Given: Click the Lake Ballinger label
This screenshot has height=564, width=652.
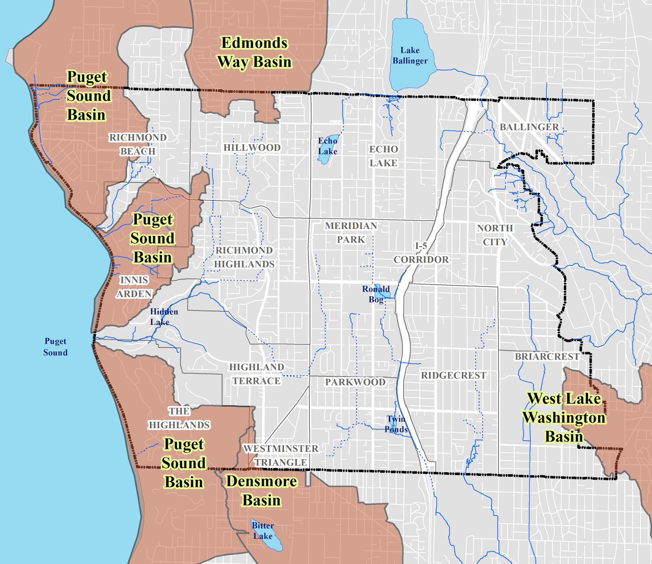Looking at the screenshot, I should pyautogui.click(x=410, y=56).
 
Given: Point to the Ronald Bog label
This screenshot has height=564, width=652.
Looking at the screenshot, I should pyautogui.click(x=376, y=294).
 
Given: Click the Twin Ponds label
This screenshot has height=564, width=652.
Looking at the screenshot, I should pyautogui.click(x=396, y=424).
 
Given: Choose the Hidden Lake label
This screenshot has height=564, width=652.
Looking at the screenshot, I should pyautogui.click(x=164, y=317).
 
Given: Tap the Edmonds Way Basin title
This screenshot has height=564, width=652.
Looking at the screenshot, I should pyautogui.click(x=254, y=52).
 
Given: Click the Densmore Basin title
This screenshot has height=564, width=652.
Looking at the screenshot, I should pyautogui.click(x=261, y=491).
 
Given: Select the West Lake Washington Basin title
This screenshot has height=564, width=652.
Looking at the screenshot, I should pyautogui.click(x=564, y=417).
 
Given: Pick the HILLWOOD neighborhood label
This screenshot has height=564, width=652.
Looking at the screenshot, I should pyautogui.click(x=252, y=148).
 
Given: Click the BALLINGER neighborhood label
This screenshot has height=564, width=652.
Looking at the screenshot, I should pyautogui.click(x=529, y=127).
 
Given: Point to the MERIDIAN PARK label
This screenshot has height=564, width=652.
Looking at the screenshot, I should pyautogui.click(x=351, y=233).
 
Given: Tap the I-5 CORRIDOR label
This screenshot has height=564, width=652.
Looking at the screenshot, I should pyautogui.click(x=421, y=253).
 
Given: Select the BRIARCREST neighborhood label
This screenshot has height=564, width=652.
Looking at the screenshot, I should pyautogui.click(x=547, y=357).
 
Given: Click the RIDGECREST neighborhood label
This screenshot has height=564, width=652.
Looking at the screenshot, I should pyautogui.click(x=454, y=375).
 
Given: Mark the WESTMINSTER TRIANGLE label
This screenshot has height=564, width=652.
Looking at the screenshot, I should pyautogui.click(x=281, y=455).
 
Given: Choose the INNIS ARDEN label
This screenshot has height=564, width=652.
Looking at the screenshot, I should pyautogui.click(x=134, y=287).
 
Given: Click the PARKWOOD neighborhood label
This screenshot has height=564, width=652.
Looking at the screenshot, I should pyautogui.click(x=355, y=382).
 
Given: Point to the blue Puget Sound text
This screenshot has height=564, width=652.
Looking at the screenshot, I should pyautogui.click(x=55, y=347).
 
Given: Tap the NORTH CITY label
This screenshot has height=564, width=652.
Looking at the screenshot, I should pyautogui.click(x=495, y=235).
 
